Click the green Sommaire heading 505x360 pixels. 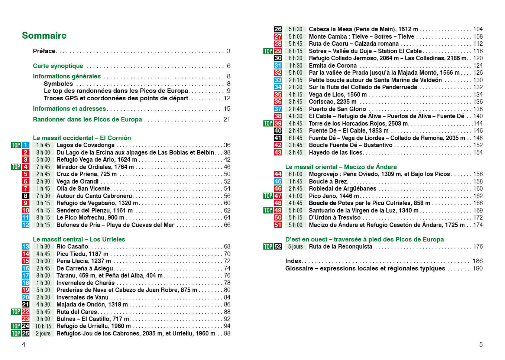tap(44, 36)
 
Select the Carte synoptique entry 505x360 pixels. tap(58, 66)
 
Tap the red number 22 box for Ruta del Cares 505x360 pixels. tap(26, 312)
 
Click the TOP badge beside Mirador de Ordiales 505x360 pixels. tap(16, 167)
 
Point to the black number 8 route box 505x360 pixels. tap(26, 196)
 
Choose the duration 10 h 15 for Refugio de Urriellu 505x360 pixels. tap(43, 326)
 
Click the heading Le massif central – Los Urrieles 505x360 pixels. tap(79, 239)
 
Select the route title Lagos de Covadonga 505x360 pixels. tap(85, 145)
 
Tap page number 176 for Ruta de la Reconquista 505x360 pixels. tap(478, 247)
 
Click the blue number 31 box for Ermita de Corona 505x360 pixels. tap(278, 65)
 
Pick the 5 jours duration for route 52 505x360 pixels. tap(295, 247)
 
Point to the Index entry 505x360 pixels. tap(294, 261)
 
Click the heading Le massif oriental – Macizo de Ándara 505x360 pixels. tap(341, 167)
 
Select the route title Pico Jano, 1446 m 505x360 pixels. tap(334, 196)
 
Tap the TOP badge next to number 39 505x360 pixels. tap(268, 123)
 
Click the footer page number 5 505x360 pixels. tap(481, 344)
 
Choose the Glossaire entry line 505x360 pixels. tap(365, 268)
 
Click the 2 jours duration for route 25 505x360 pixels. tap(43, 334)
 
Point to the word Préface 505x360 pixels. tap(44, 51)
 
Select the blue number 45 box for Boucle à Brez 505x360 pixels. tap(278, 181)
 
